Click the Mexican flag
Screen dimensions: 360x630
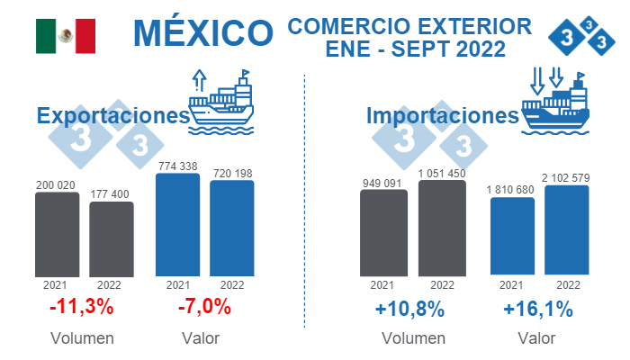(66, 35)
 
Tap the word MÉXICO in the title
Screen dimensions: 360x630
(202, 33)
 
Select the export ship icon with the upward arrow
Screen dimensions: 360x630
(220, 97)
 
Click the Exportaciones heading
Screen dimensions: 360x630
(112, 116)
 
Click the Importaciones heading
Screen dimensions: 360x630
(442, 116)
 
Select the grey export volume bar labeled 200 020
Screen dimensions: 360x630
(57, 233)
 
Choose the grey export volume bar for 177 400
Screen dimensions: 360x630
(112, 238)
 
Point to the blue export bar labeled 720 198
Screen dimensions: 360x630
(231, 227)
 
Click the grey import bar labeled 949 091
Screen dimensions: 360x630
(382, 231)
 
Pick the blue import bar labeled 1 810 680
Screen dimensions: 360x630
(512, 235)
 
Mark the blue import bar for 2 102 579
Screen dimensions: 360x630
(567, 229)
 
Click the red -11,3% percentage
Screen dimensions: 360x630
(81, 307)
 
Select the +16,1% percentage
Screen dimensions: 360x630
(538, 309)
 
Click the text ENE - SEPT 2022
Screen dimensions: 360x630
(415, 47)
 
